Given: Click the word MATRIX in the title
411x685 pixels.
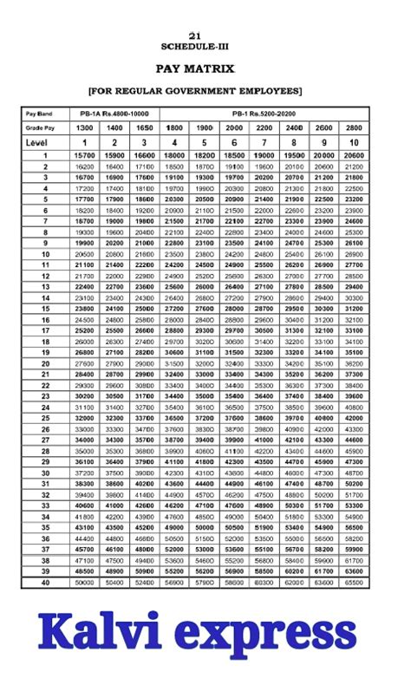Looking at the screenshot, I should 223,68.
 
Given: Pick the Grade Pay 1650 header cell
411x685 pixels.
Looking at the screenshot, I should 144,127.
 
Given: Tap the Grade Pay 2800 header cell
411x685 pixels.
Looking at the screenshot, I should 354,127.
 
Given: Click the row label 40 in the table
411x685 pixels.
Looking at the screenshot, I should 46,583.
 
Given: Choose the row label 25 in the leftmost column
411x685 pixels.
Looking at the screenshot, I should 46,418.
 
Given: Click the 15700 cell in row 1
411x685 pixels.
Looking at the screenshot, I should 85,155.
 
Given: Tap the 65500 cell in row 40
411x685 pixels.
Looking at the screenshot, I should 354,583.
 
